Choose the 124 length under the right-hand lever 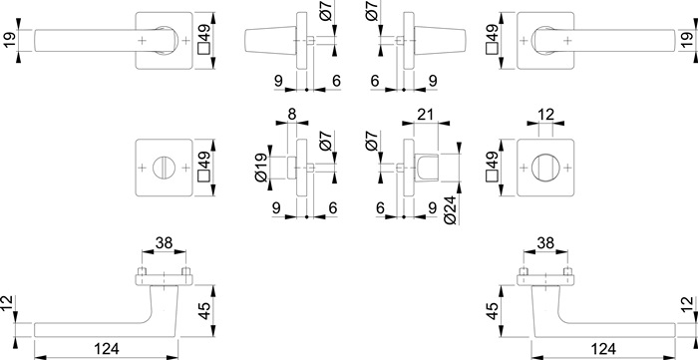[600, 349]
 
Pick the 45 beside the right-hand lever [493, 313]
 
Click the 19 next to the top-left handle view [10, 41]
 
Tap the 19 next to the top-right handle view [687, 41]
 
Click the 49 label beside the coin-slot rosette [203, 164]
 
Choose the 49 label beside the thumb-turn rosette [492, 164]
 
